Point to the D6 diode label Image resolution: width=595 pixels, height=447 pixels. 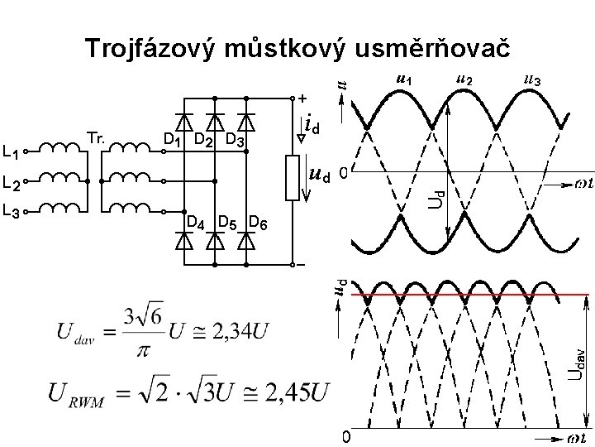click(x=258, y=222)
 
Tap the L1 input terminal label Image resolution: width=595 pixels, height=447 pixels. click(x=12, y=151)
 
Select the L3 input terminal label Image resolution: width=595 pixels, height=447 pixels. click(x=12, y=212)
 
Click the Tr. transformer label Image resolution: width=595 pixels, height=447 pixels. click(x=95, y=137)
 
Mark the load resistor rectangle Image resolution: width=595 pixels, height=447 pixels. click(x=292, y=176)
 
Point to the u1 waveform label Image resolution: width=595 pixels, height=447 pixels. click(x=404, y=79)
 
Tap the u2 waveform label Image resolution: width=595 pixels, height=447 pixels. click(x=464, y=79)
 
